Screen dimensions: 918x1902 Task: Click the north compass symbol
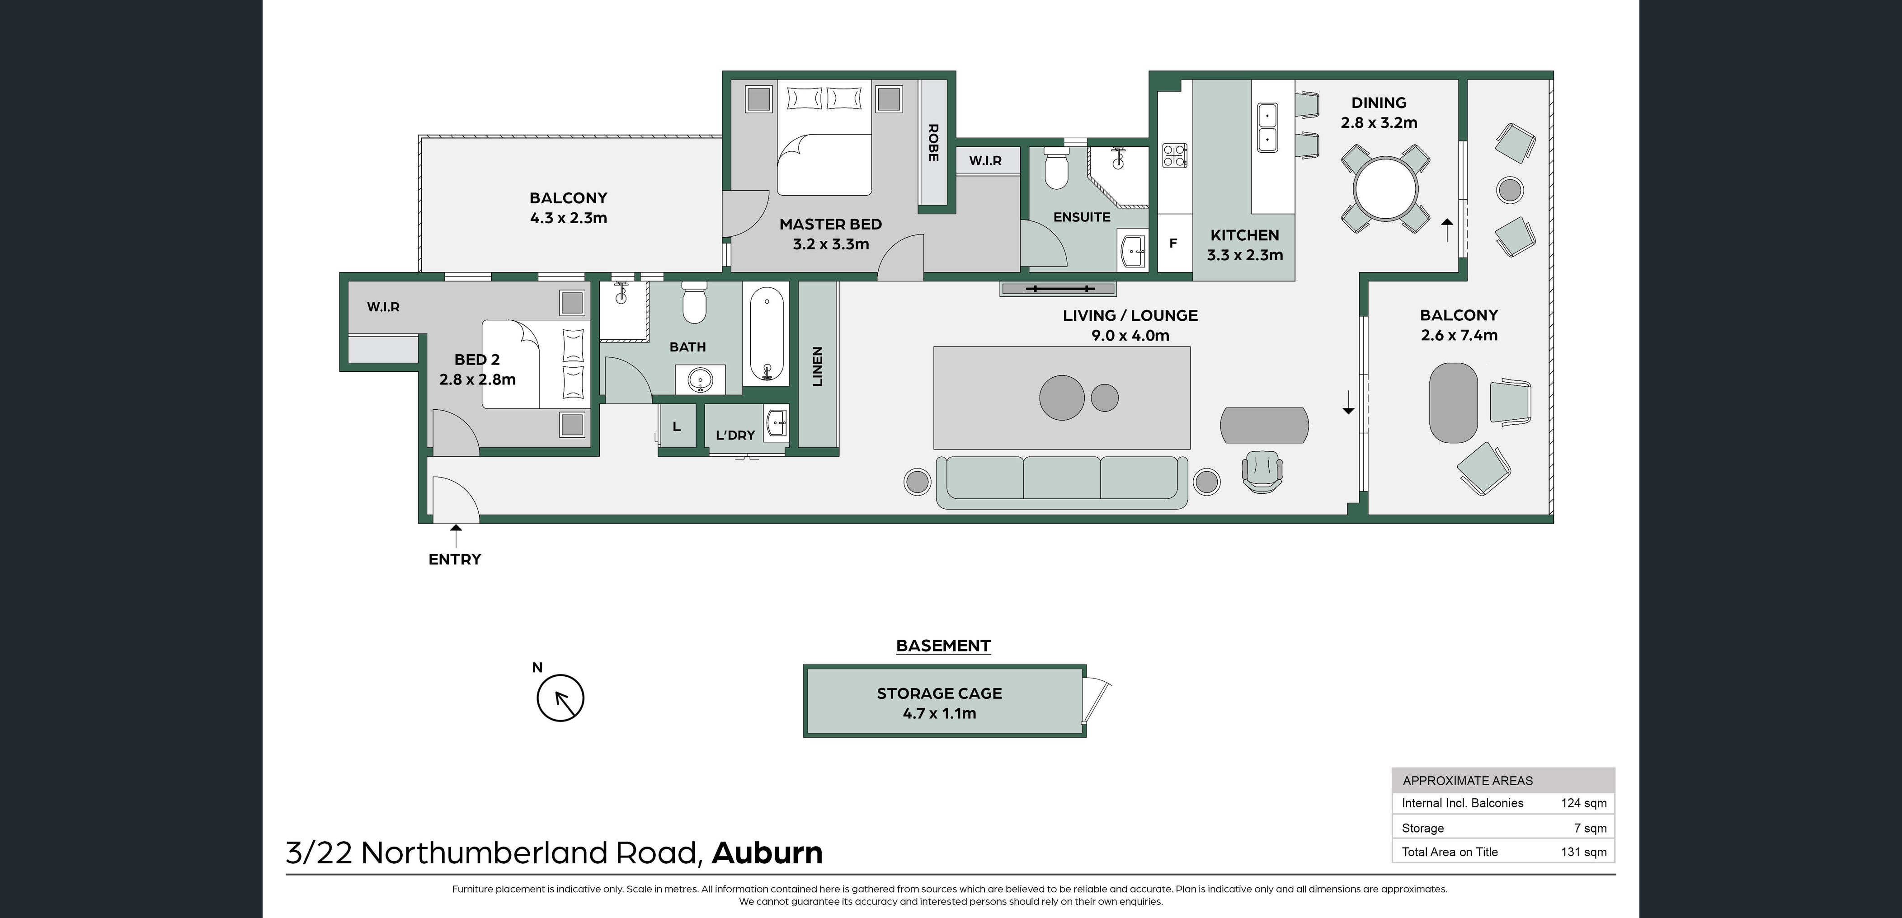pos(560,698)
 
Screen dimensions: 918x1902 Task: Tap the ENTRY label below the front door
pos(455,559)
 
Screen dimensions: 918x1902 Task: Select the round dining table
pos(1386,188)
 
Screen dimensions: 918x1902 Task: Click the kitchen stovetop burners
pos(1174,156)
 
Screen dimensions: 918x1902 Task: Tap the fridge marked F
pos(1173,244)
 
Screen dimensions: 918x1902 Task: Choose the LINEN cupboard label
pos(817,366)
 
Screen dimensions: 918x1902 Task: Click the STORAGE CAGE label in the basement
pos(939,693)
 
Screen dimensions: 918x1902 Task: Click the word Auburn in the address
pos(767,853)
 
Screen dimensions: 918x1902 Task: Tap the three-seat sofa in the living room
pos(1062,480)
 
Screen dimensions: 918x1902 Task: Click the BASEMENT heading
pos(943,646)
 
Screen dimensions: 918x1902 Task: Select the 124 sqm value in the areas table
pos(1583,803)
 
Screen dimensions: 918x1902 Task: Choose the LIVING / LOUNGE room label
pos(1130,316)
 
